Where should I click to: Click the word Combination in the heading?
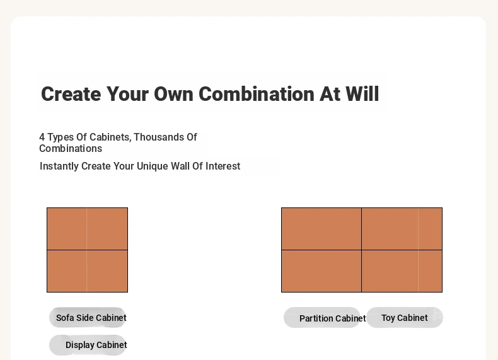257,94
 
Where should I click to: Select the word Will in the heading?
362,94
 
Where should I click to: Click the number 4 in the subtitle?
42,137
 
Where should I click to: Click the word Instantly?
59,166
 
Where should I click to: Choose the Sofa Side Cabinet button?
88,317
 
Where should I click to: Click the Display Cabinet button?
88,345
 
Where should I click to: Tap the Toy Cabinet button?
405,317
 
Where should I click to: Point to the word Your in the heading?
127,94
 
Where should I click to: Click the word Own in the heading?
173,94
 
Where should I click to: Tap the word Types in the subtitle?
61,137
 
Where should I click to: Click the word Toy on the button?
388,318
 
